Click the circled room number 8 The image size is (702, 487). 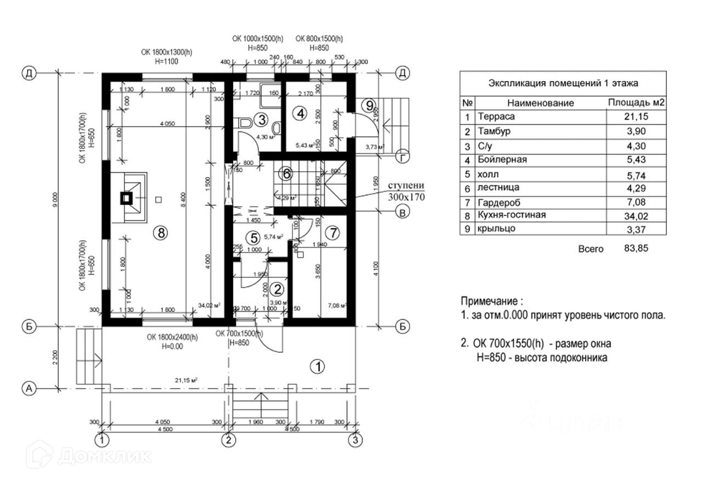160,233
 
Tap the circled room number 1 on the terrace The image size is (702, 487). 317,366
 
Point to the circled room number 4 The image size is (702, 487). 299,114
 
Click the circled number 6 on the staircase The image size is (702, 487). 286,174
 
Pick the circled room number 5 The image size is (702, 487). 253,238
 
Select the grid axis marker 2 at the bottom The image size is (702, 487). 229,439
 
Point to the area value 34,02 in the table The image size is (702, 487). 635,215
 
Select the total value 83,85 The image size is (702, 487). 636,248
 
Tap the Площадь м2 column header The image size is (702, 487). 636,103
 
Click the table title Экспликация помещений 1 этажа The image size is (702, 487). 562,83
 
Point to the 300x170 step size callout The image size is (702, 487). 406,195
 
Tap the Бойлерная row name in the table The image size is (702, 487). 502,159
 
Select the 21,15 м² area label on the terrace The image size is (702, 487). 186,380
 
